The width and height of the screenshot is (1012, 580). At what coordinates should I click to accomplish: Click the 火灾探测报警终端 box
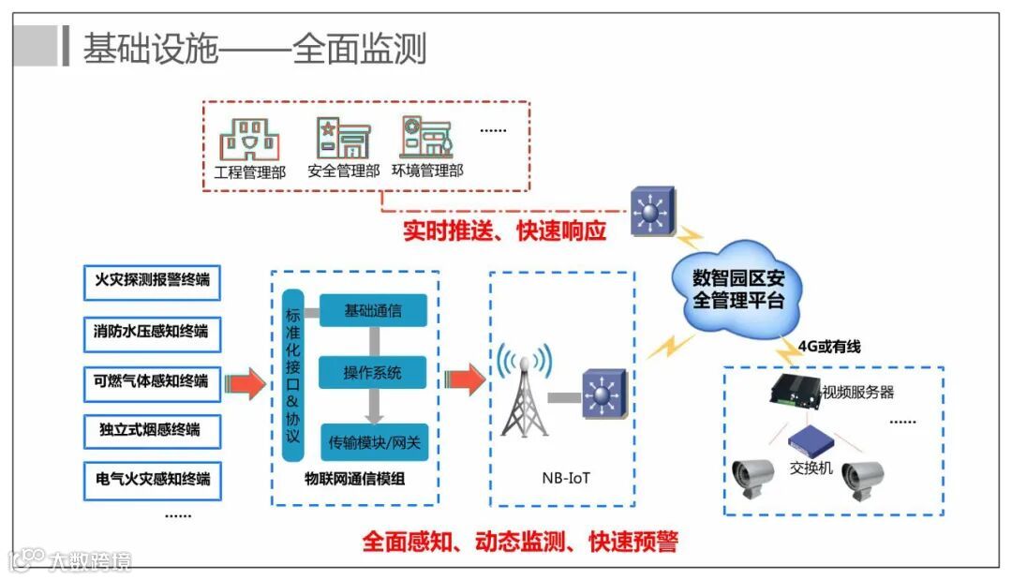tap(152, 281)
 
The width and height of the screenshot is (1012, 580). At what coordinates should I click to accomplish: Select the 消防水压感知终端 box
tap(152, 332)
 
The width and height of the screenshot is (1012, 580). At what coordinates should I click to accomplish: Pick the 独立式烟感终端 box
tap(152, 431)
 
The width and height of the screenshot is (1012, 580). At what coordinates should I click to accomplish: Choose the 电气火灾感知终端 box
tap(152, 481)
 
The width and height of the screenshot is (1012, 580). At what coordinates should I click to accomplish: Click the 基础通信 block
tap(373, 311)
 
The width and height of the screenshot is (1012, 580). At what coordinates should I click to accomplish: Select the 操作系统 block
tap(373, 373)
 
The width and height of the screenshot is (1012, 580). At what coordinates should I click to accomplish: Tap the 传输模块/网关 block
tap(373, 439)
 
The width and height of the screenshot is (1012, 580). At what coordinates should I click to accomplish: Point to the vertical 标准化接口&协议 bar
tap(293, 375)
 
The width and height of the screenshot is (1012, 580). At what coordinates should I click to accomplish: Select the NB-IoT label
tap(566, 478)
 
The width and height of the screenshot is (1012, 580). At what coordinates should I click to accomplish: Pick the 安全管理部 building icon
tap(343, 138)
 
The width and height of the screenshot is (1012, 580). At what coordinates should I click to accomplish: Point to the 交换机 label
tap(811, 468)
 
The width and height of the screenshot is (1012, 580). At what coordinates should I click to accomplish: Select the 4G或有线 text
tap(830, 347)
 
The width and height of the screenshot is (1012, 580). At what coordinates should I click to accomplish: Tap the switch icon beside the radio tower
tap(601, 394)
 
